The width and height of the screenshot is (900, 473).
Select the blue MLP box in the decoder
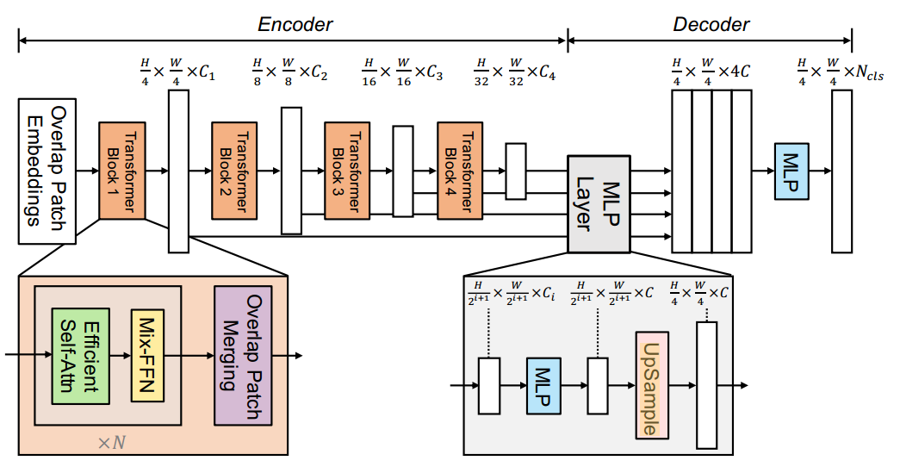[791, 171]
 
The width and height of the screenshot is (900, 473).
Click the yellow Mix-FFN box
[147, 355]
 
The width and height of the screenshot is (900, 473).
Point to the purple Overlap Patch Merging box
[243, 355]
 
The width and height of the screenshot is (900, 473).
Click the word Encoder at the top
[295, 25]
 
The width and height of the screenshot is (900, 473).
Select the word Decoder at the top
[711, 25]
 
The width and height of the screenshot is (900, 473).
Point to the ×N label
[110, 442]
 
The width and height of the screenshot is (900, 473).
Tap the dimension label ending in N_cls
[841, 71]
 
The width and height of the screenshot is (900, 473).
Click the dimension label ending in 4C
[711, 71]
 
